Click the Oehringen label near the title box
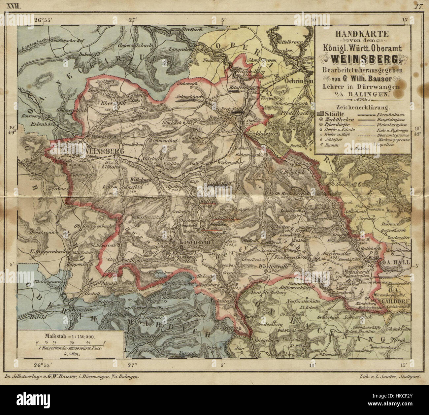point(302,81)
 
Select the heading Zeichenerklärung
point(362,107)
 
